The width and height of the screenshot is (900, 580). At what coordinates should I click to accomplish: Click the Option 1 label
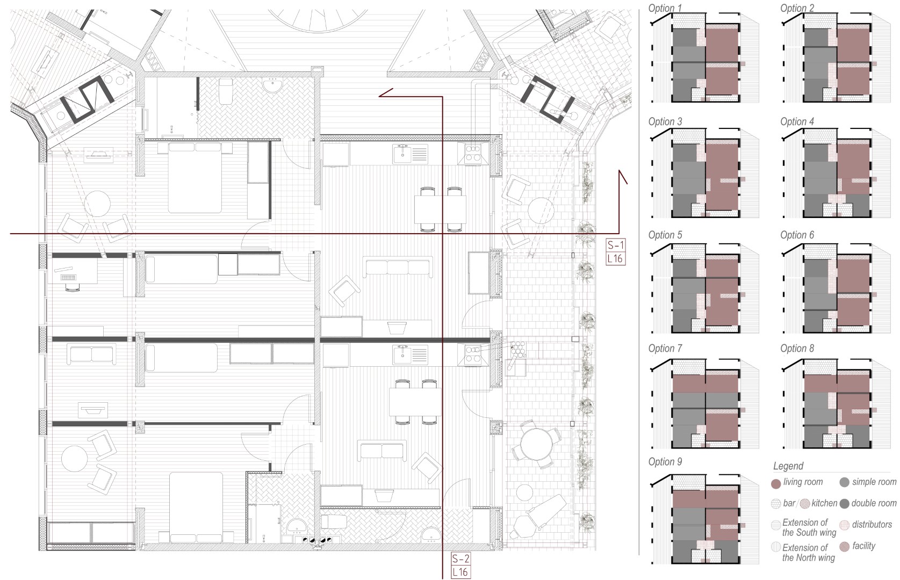[x=665, y=8]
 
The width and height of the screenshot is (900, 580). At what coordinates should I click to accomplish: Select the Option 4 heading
[x=797, y=121]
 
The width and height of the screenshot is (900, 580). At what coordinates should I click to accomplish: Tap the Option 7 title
[x=665, y=348]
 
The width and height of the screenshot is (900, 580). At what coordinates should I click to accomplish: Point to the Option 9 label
[x=665, y=461]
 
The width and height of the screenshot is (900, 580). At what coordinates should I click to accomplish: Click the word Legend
[x=788, y=466]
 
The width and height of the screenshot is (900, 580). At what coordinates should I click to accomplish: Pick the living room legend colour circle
[x=776, y=483]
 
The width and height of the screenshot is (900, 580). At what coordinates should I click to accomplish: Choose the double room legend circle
[x=844, y=504]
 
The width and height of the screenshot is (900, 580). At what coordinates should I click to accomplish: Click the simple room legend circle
[x=844, y=482]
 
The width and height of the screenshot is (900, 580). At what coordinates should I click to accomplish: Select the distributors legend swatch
[x=844, y=525]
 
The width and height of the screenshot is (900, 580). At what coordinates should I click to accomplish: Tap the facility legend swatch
[x=844, y=547]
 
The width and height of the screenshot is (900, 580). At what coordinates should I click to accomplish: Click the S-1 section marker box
[x=616, y=245]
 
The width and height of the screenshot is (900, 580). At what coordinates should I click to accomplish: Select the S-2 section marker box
[x=460, y=559]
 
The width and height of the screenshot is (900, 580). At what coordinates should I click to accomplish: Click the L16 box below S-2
[x=460, y=572]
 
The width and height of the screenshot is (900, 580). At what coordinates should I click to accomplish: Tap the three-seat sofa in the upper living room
[x=398, y=267]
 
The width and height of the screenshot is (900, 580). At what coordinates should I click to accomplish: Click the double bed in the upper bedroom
[x=195, y=177]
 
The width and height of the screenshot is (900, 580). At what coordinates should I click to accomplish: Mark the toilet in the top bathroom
[x=225, y=91]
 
